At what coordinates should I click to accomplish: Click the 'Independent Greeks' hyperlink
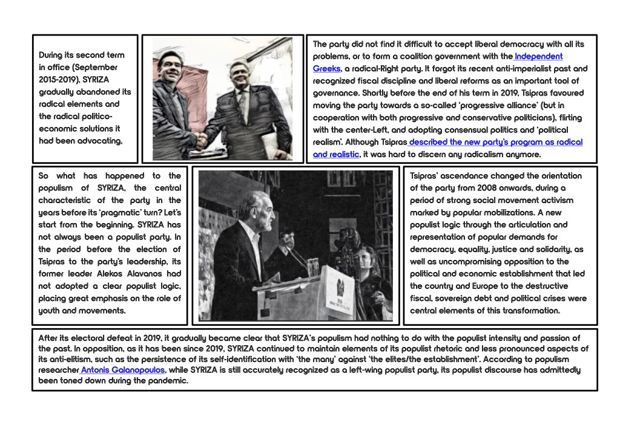[x=538, y=56]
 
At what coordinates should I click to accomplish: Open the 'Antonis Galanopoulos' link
[x=123, y=369]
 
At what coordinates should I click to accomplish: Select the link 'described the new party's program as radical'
[x=496, y=142]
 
